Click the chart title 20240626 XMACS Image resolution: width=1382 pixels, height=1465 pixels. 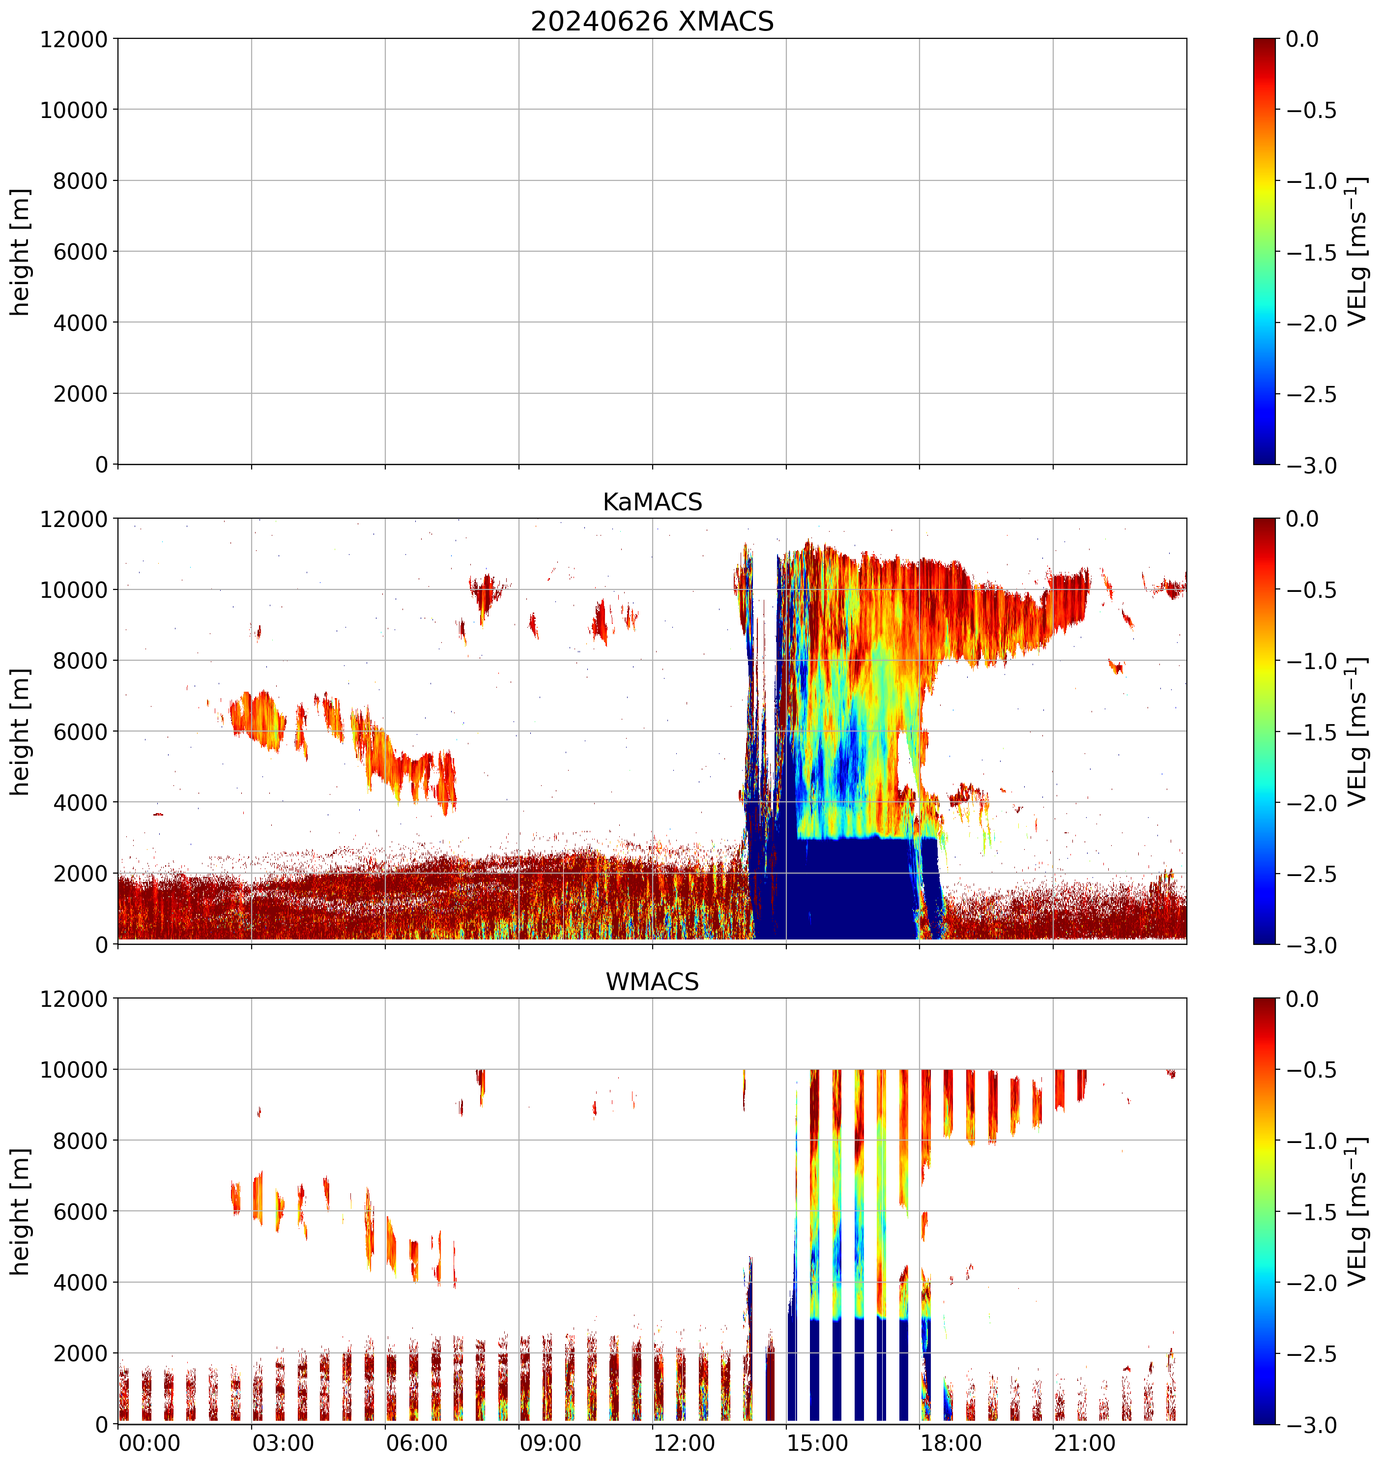click(652, 21)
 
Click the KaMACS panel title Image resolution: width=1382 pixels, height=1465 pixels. click(652, 502)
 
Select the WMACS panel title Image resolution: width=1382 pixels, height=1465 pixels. click(652, 982)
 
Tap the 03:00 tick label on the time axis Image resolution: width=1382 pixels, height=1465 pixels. click(283, 1443)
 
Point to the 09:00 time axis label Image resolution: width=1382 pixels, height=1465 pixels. click(550, 1443)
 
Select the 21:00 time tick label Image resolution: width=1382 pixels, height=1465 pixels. click(1084, 1443)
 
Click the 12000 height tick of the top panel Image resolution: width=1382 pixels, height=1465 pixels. click(74, 39)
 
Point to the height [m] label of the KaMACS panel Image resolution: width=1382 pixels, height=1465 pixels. click(21, 732)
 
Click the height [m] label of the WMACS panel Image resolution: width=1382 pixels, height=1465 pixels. click(21, 1211)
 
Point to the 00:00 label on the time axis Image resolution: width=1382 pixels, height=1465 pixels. click(149, 1443)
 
